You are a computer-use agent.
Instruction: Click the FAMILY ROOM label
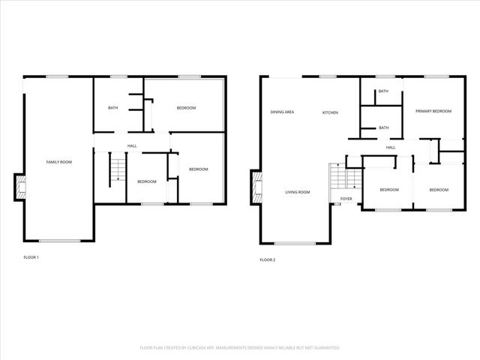58,162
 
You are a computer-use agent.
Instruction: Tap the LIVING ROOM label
297,192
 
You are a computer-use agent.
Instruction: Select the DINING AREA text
282,112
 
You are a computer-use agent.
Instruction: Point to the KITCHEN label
330,112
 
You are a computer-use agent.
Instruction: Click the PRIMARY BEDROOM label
433,111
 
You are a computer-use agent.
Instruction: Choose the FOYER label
346,199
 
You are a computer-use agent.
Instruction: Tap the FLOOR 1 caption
31,257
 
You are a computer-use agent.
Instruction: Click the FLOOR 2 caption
268,259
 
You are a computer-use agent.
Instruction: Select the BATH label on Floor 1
112,108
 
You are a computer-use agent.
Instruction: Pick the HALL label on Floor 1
132,145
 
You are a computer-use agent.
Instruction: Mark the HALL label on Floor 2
391,148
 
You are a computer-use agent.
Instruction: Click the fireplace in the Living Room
256,187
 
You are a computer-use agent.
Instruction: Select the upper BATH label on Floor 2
383,91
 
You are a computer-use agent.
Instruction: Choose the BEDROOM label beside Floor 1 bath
186,108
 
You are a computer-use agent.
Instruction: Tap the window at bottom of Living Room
295,243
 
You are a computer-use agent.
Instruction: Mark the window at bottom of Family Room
59,241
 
